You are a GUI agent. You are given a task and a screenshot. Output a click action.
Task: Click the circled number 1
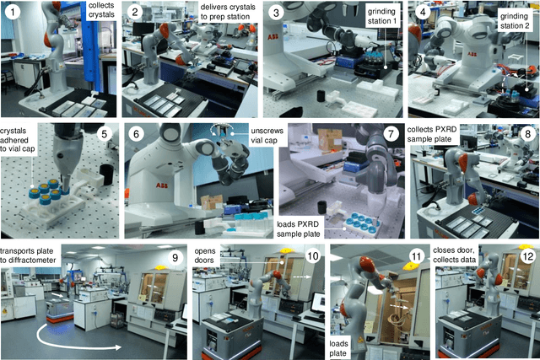coord(13,13)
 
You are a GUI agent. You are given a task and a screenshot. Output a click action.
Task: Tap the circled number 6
coord(137,133)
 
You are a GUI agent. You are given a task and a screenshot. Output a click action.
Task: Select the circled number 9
coord(175,257)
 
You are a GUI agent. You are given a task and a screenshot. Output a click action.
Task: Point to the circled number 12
coord(527,256)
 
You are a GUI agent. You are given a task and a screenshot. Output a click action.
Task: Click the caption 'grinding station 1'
coord(381,16)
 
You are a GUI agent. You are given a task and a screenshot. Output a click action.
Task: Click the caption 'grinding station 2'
coord(514,21)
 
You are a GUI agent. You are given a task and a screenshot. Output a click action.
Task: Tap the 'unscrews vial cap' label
coord(267,136)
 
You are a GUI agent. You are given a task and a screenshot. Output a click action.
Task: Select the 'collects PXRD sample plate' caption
coord(431,134)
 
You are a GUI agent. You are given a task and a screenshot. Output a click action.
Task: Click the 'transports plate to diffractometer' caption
coord(28,255)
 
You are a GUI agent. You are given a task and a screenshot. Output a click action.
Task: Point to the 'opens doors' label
coord(204,255)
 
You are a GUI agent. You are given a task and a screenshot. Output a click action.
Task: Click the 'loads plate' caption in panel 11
coord(338,348)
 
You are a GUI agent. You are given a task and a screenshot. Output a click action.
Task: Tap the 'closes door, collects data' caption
coord(454,255)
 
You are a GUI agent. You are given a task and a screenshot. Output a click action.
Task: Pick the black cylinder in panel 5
coord(107,172)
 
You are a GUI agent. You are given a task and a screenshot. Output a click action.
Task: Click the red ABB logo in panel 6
coord(161,185)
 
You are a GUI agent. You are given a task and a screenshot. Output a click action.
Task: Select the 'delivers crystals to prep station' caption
coord(228,12)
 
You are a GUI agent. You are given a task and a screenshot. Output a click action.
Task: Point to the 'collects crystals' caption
coord(101,10)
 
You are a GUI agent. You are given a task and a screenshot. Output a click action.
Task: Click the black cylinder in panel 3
coord(321,95)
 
